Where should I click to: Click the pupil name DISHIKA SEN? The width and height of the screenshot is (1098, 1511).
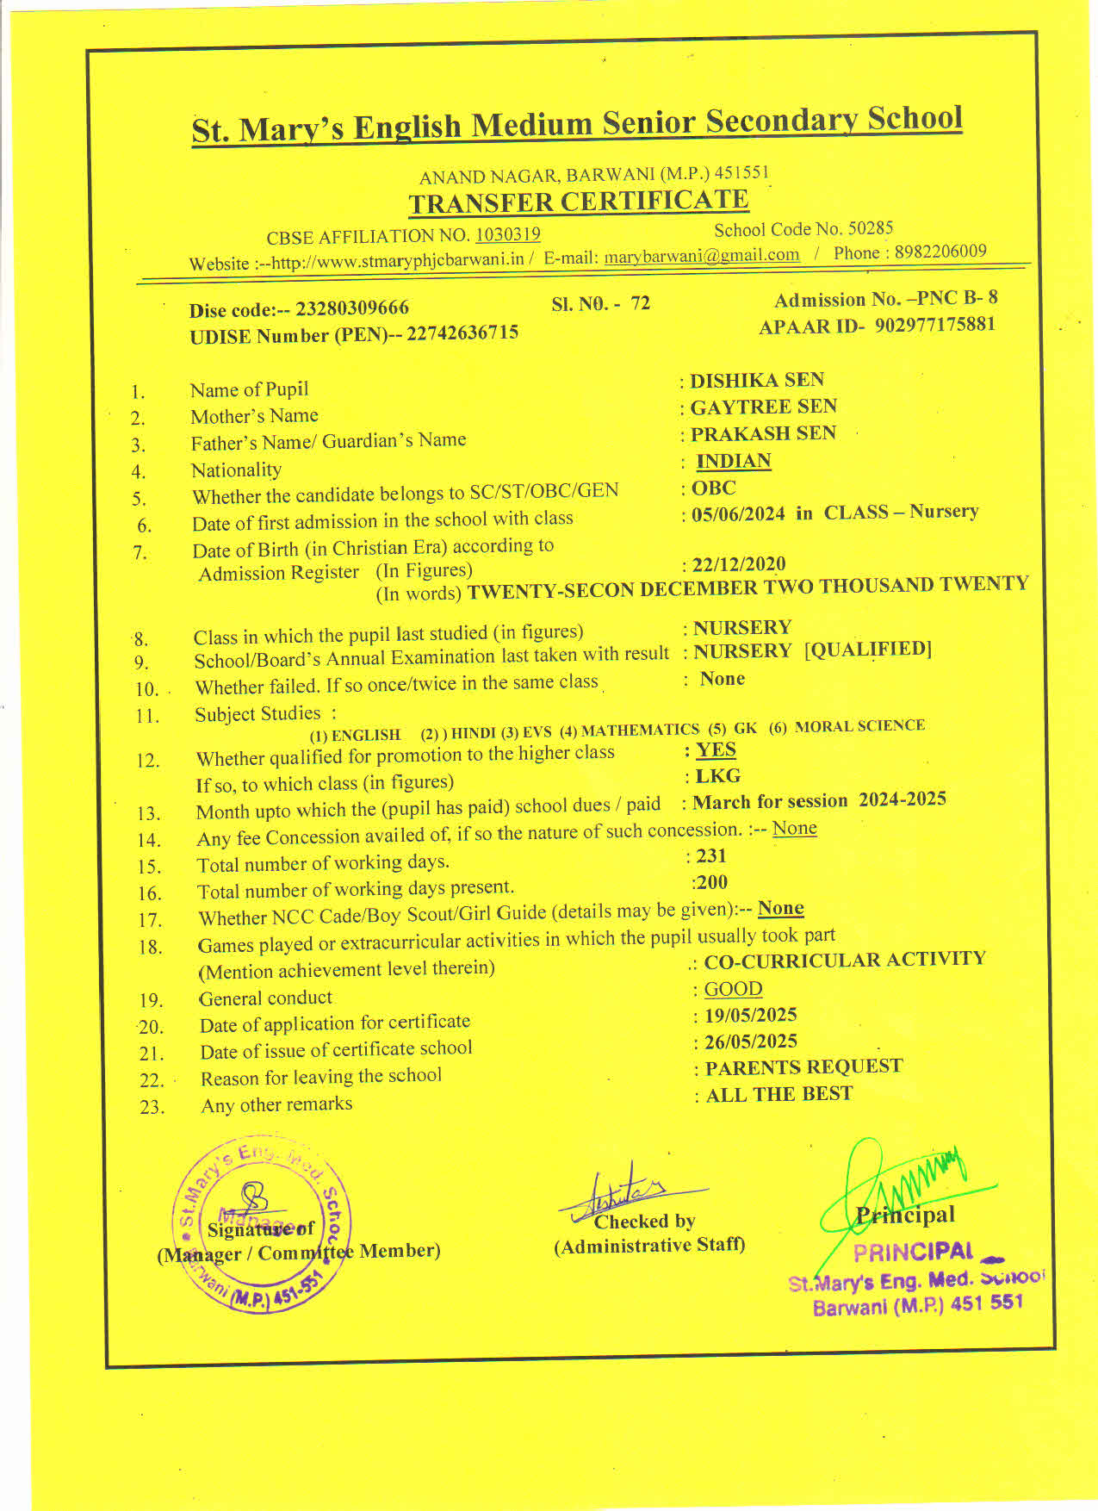(757, 380)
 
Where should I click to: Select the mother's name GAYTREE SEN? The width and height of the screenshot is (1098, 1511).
(763, 407)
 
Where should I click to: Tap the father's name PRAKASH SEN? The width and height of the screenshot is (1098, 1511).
(763, 433)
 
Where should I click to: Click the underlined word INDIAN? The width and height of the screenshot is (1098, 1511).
(734, 461)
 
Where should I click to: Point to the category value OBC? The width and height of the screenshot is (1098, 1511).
(714, 488)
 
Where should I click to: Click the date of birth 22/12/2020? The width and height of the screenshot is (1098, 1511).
(739, 565)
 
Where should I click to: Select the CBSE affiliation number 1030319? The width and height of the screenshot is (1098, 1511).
(508, 234)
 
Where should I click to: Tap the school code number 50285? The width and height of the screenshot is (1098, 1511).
(871, 228)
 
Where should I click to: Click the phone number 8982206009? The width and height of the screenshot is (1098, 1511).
(940, 252)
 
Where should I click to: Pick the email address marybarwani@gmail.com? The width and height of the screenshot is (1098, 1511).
(702, 256)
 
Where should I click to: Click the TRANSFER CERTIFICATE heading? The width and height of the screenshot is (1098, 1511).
(579, 202)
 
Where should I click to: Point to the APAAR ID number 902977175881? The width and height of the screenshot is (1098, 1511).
(935, 325)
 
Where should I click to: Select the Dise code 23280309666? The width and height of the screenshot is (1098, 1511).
(352, 308)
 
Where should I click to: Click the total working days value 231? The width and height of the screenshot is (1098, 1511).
(711, 855)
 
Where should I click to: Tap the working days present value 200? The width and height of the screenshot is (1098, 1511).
(712, 882)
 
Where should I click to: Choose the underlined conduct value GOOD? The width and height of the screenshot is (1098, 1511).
(733, 989)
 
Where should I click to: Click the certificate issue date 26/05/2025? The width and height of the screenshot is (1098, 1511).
(751, 1042)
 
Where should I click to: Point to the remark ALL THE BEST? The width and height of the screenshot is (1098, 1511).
(779, 1094)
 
